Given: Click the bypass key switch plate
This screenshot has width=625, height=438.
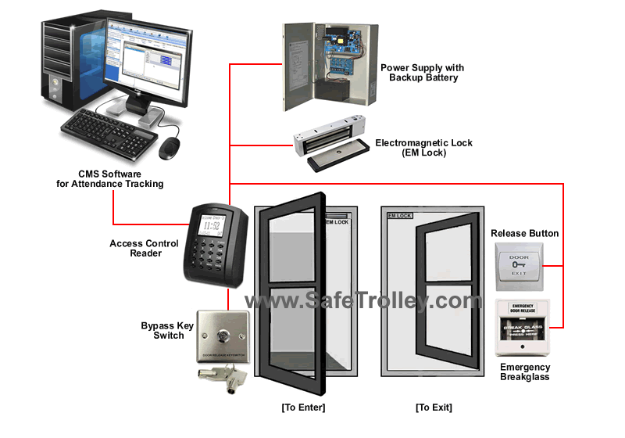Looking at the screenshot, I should point(223,337).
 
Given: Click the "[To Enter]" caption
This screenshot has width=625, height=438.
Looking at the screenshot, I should point(303,407).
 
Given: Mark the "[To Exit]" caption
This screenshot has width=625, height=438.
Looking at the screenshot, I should point(434,407).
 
